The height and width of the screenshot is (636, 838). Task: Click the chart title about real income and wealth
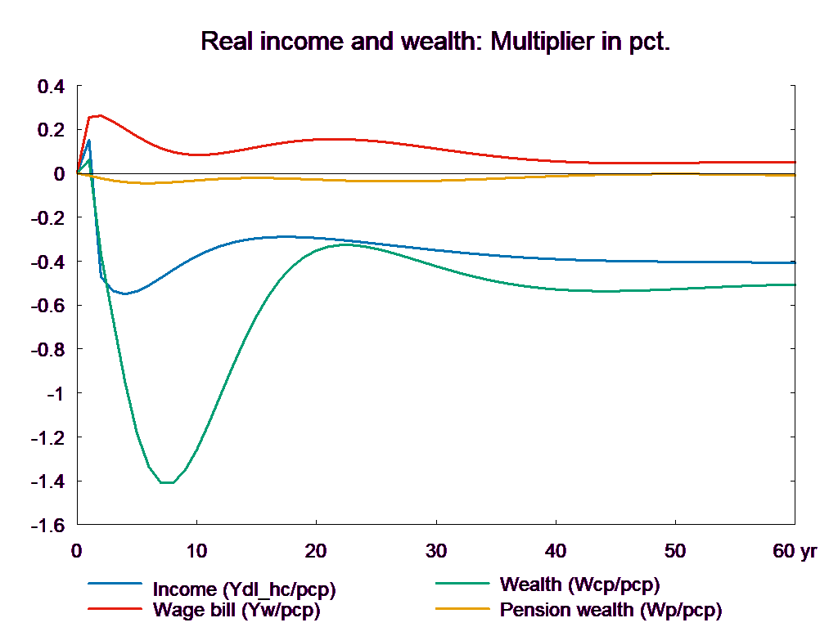435,42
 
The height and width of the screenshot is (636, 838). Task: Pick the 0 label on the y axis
59,173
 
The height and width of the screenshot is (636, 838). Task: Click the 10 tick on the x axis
196,551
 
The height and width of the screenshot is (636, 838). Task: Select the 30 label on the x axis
436,551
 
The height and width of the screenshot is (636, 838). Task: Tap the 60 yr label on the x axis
794,551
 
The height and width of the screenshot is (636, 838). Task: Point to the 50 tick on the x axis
675,551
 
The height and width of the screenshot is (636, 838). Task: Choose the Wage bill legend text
237,610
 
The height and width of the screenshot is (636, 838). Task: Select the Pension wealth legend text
610,610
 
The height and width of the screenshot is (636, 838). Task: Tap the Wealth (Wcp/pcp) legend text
579,584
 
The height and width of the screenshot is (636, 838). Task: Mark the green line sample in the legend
463,584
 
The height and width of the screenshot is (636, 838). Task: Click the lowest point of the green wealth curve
167,482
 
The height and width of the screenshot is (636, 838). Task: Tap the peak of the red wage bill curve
100,115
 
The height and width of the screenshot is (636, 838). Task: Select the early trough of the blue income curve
124,293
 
